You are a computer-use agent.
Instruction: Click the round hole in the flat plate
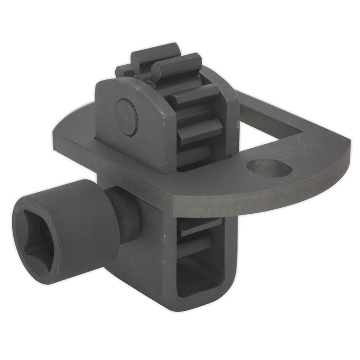[x=269, y=168]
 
